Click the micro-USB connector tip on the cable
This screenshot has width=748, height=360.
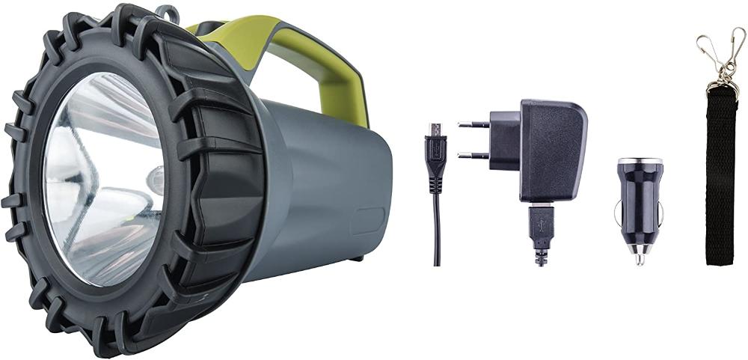[x=435, y=129]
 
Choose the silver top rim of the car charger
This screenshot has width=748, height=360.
[x=641, y=161]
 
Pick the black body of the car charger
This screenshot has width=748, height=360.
[x=641, y=202]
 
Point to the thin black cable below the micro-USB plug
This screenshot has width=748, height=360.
[x=436, y=225]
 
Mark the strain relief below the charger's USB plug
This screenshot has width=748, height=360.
[x=540, y=254]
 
